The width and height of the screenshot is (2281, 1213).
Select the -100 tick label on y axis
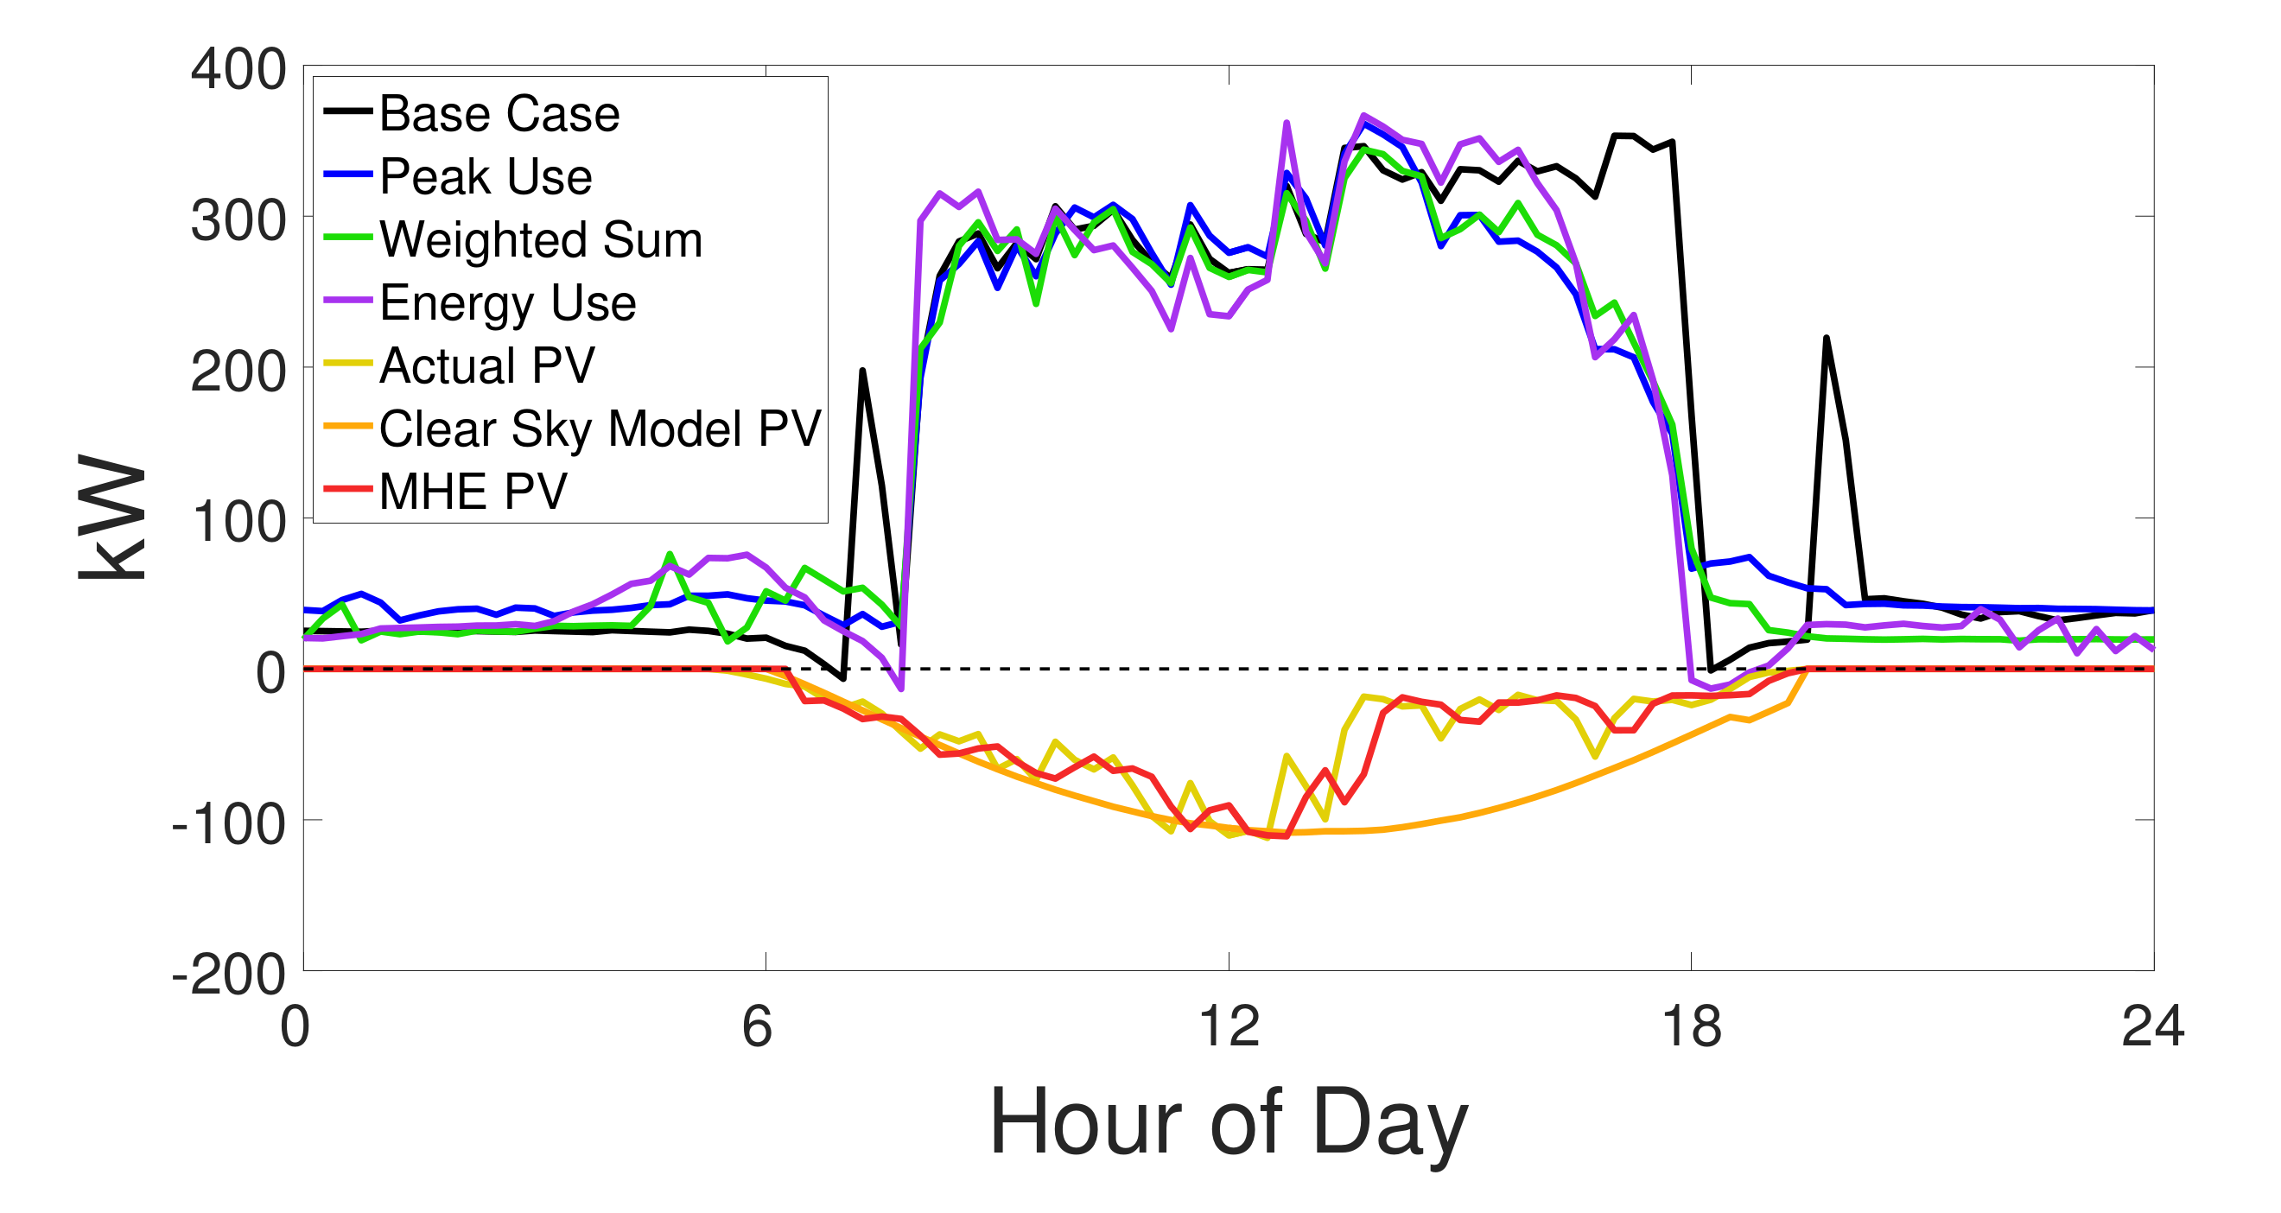click(x=228, y=824)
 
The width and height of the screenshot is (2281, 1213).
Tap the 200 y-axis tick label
click(x=238, y=371)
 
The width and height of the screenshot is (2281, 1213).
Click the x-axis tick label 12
click(x=1228, y=1028)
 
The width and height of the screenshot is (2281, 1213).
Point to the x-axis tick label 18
click(x=1690, y=1028)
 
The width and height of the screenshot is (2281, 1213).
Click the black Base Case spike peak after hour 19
click(x=1826, y=338)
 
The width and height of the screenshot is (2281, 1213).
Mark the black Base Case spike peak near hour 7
click(x=862, y=371)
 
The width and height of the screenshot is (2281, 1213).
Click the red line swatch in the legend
click(x=346, y=489)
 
